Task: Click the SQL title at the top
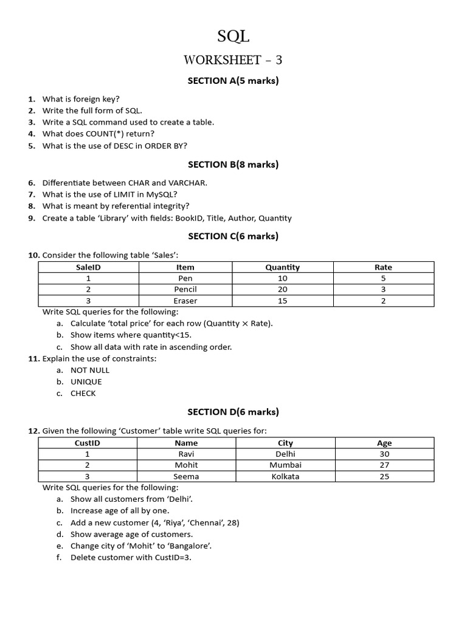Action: click(x=233, y=36)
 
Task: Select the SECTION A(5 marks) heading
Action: click(x=233, y=81)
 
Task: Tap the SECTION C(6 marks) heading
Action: click(x=233, y=236)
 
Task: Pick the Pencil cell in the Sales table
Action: click(x=185, y=290)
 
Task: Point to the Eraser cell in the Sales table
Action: click(x=185, y=301)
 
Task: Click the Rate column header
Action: click(x=383, y=267)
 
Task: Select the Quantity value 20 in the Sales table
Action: click(x=282, y=290)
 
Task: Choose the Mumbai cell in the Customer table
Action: click(x=285, y=465)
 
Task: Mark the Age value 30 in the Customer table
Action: click(x=384, y=454)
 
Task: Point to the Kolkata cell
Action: click(x=285, y=477)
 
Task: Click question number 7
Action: click(x=32, y=194)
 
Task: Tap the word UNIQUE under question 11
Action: click(x=86, y=382)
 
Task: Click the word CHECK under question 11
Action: click(x=83, y=394)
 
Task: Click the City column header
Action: click(x=285, y=443)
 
